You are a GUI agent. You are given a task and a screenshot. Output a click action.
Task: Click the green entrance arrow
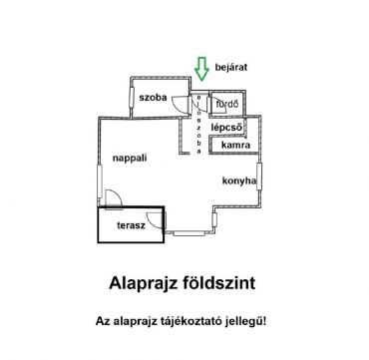(201, 69)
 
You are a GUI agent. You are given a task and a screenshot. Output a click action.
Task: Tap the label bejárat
(231, 68)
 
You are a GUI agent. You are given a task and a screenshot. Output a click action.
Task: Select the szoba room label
(153, 98)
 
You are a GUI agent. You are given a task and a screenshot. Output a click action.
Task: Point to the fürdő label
(227, 104)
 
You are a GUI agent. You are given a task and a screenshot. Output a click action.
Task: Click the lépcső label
(227, 128)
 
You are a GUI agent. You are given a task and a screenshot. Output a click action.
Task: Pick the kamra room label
(235, 146)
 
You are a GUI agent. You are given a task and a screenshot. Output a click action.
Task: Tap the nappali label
(130, 159)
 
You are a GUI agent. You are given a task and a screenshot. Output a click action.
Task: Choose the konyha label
(239, 181)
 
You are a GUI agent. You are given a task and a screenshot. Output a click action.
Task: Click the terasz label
(132, 225)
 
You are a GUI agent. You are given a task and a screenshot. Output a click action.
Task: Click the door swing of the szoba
(181, 104)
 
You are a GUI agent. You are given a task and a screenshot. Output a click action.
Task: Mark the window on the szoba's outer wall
(132, 97)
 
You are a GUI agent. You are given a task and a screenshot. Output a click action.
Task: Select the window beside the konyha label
(259, 177)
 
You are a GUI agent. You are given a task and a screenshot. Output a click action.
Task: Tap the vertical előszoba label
(198, 125)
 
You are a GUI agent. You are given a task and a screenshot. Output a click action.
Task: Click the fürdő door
(216, 106)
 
